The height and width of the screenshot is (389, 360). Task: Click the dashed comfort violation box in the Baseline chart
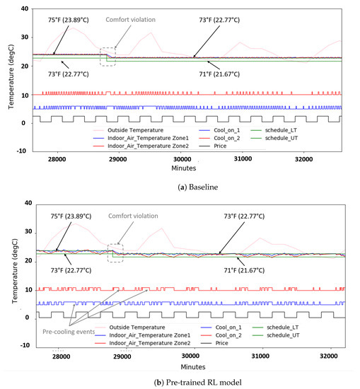pyautogui.click(x=108, y=56)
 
